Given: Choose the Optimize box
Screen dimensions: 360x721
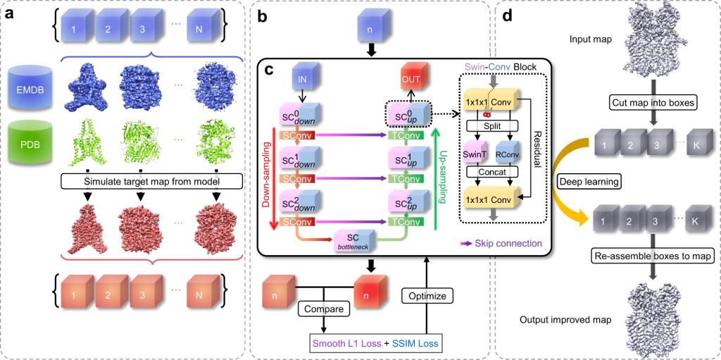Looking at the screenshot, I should point(429,297).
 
